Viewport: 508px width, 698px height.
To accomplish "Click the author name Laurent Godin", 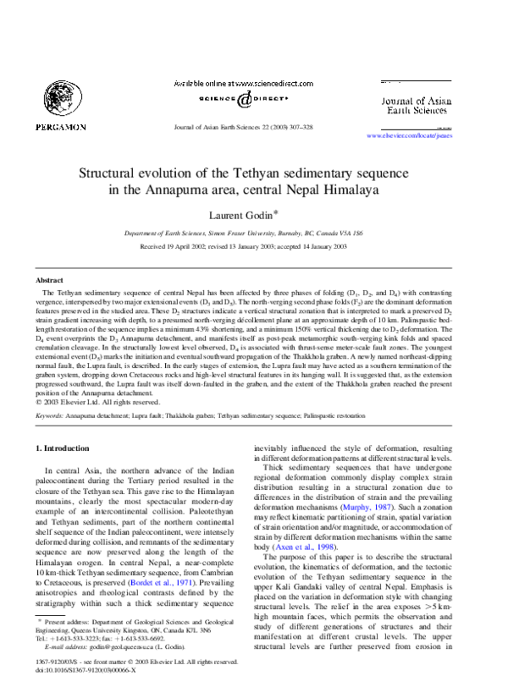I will point(251,217).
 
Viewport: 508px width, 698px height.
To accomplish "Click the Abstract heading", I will point(49,279).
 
